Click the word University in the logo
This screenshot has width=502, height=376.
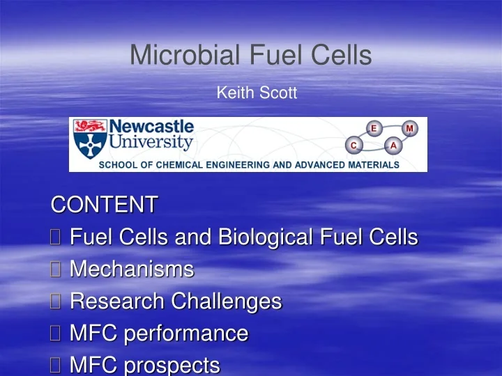pos(151,143)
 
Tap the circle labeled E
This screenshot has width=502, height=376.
pos(374,127)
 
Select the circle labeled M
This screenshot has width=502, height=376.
pos(409,127)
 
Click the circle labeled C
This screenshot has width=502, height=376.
pos(353,145)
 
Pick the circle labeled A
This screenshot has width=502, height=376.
pos(393,145)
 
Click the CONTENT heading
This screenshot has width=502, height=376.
pos(105,205)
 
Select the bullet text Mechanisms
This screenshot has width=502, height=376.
pos(132,269)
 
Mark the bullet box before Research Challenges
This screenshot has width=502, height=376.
pos(56,302)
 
